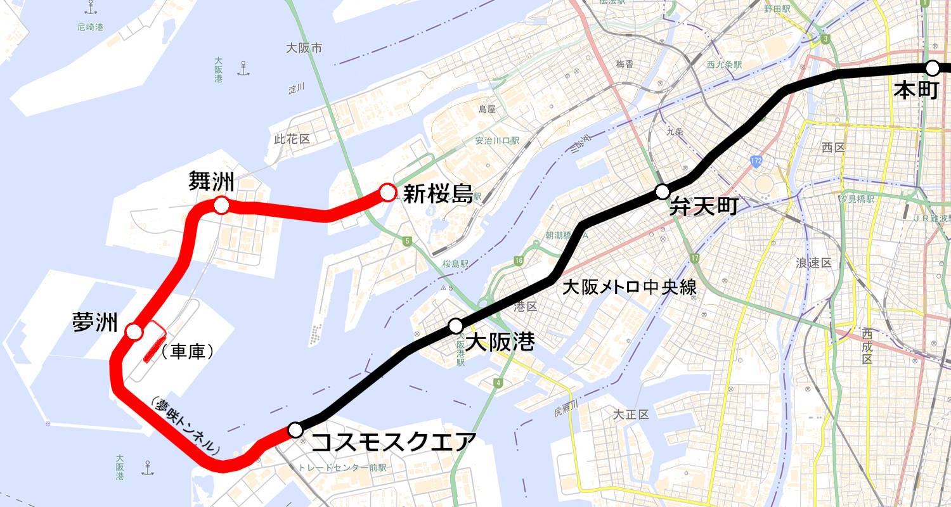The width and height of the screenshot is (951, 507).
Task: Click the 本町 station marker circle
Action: pyautogui.click(x=932, y=68)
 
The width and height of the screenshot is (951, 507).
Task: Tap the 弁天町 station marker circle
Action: pyautogui.click(x=662, y=191)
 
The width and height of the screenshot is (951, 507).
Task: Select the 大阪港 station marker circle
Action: pyautogui.click(x=455, y=326)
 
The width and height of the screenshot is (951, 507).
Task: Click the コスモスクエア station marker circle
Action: pyautogui.click(x=295, y=430)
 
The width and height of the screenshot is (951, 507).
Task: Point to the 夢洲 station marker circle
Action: pyautogui.click(x=133, y=331)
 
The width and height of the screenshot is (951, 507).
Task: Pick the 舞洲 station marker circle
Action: pyautogui.click(x=221, y=205)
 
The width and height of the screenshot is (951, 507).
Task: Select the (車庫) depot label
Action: pyautogui.click(x=188, y=352)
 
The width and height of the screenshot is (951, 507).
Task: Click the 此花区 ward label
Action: pyautogui.click(x=292, y=139)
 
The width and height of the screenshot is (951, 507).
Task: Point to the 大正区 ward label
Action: pyautogui.click(x=631, y=415)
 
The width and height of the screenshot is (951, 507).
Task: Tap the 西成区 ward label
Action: pyautogui.click(x=867, y=346)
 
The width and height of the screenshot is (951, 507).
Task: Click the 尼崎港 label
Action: pyautogui.click(x=89, y=27)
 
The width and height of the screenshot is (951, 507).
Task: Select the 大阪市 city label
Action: pyautogui.click(x=304, y=48)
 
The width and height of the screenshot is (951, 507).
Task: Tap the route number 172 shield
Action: pyautogui.click(x=755, y=162)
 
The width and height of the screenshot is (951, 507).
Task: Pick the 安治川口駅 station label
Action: pyautogui.click(x=497, y=141)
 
